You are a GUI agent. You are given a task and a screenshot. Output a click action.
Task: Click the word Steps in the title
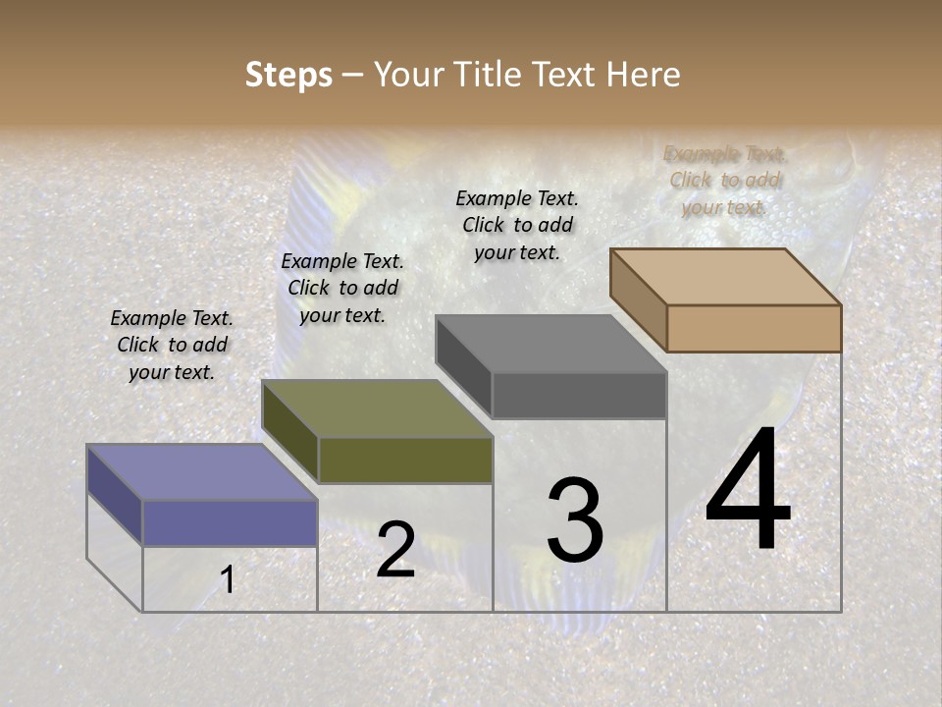[288, 75]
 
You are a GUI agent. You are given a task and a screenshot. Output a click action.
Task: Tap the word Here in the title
[643, 75]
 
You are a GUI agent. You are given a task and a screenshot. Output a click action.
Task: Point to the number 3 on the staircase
[575, 519]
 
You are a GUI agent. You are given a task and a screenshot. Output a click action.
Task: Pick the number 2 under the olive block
[395, 550]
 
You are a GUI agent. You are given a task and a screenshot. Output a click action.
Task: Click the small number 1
[227, 580]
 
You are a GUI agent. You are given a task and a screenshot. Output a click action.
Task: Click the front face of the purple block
[230, 522]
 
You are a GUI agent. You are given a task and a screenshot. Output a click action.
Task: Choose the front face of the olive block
[405, 460]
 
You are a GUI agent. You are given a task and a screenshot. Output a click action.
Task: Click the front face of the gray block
[579, 395]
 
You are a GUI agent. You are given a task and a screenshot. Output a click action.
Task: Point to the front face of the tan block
[754, 328]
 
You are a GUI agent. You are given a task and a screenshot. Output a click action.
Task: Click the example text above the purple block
[172, 345]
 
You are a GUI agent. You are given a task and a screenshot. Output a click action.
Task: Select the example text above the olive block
[341, 288]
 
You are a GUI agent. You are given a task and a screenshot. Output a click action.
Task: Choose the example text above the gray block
[517, 225]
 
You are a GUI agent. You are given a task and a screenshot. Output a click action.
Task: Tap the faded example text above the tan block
[725, 181]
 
